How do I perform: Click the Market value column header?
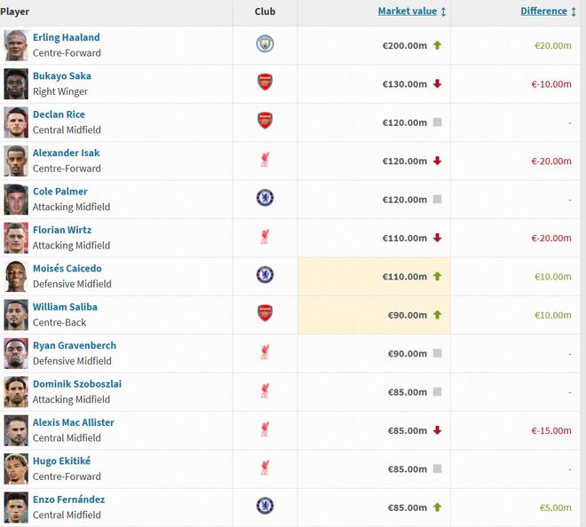408,12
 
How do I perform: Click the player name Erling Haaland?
66,37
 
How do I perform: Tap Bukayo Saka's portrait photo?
16,83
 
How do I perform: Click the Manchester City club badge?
265,44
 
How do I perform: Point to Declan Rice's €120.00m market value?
405,122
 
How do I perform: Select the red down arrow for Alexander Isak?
437,161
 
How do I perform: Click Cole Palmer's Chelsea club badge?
265,198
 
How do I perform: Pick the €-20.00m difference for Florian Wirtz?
551,239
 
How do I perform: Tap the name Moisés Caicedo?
67,268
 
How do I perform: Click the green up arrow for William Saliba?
437,315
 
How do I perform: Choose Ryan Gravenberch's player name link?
75,345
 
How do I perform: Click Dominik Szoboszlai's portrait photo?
16,391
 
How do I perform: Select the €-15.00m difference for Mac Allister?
551,430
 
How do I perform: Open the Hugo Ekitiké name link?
61,460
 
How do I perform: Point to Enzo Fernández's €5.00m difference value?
555,507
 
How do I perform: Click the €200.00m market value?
405,45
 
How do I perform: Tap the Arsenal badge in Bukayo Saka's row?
265,83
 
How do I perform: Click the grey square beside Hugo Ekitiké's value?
437,468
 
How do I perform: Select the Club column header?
265,12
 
